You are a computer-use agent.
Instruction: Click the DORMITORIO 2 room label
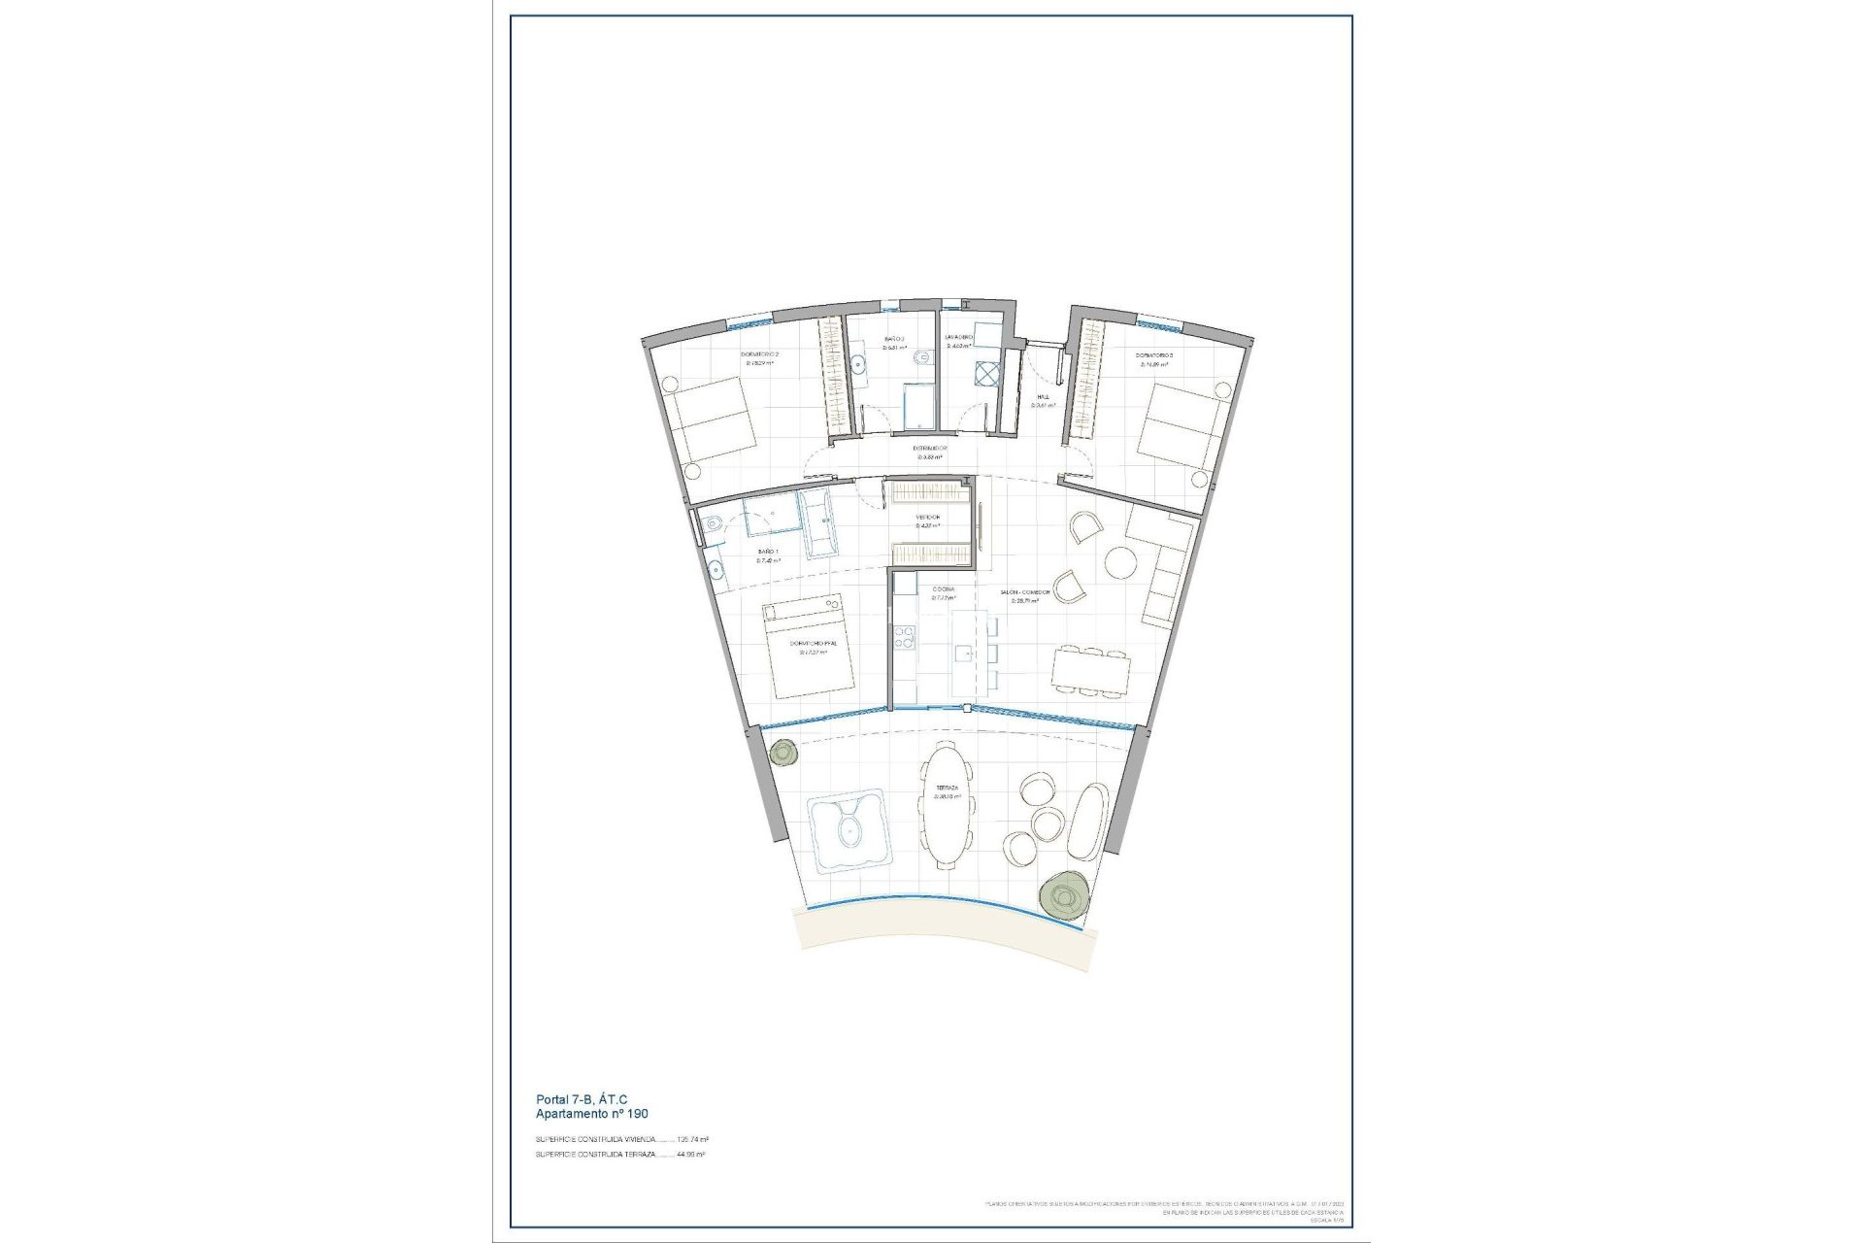coord(761,355)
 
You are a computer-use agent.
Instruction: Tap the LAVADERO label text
coord(959,337)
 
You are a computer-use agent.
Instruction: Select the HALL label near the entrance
coord(1043,397)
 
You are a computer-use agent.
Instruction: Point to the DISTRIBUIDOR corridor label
coord(930,449)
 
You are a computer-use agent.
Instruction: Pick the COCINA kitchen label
coord(943,589)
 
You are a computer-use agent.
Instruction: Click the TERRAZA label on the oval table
coord(947,788)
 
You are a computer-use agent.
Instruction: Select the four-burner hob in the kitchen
coord(905,637)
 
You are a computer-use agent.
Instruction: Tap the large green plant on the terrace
coord(1061,895)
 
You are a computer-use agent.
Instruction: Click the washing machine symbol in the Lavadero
coord(987,375)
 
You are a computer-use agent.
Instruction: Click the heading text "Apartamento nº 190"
coord(591,1114)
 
